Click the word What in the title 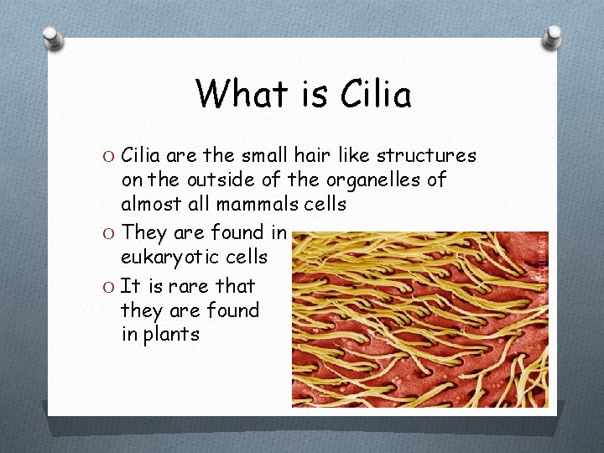(242, 94)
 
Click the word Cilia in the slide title (377, 94)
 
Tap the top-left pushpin (52, 38)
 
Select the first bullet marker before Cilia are (109, 157)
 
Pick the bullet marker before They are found (109, 233)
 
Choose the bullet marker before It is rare (109, 287)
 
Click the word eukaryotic (169, 257)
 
